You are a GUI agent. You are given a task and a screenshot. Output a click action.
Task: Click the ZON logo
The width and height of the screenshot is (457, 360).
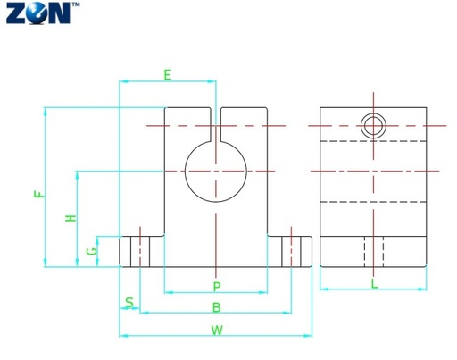(x=38, y=13)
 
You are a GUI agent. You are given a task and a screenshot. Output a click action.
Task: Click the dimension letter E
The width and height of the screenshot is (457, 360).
(x=168, y=74)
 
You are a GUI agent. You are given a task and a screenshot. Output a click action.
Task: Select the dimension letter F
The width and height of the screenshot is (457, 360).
(x=39, y=194)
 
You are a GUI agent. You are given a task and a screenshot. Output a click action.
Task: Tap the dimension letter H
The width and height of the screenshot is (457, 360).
(x=71, y=218)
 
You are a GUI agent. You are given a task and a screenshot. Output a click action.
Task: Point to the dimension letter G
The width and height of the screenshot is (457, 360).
(x=92, y=251)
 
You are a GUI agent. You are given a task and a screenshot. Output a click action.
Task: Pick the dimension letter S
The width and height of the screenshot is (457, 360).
(x=129, y=302)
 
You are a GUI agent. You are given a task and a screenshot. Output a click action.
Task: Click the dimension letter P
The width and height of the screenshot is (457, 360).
(x=217, y=287)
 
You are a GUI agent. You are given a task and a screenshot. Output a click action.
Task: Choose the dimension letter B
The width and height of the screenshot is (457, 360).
(x=217, y=307)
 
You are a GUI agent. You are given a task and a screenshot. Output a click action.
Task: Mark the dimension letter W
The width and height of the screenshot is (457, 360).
(x=217, y=331)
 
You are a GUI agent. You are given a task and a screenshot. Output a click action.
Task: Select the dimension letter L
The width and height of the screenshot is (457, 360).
(x=374, y=283)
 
